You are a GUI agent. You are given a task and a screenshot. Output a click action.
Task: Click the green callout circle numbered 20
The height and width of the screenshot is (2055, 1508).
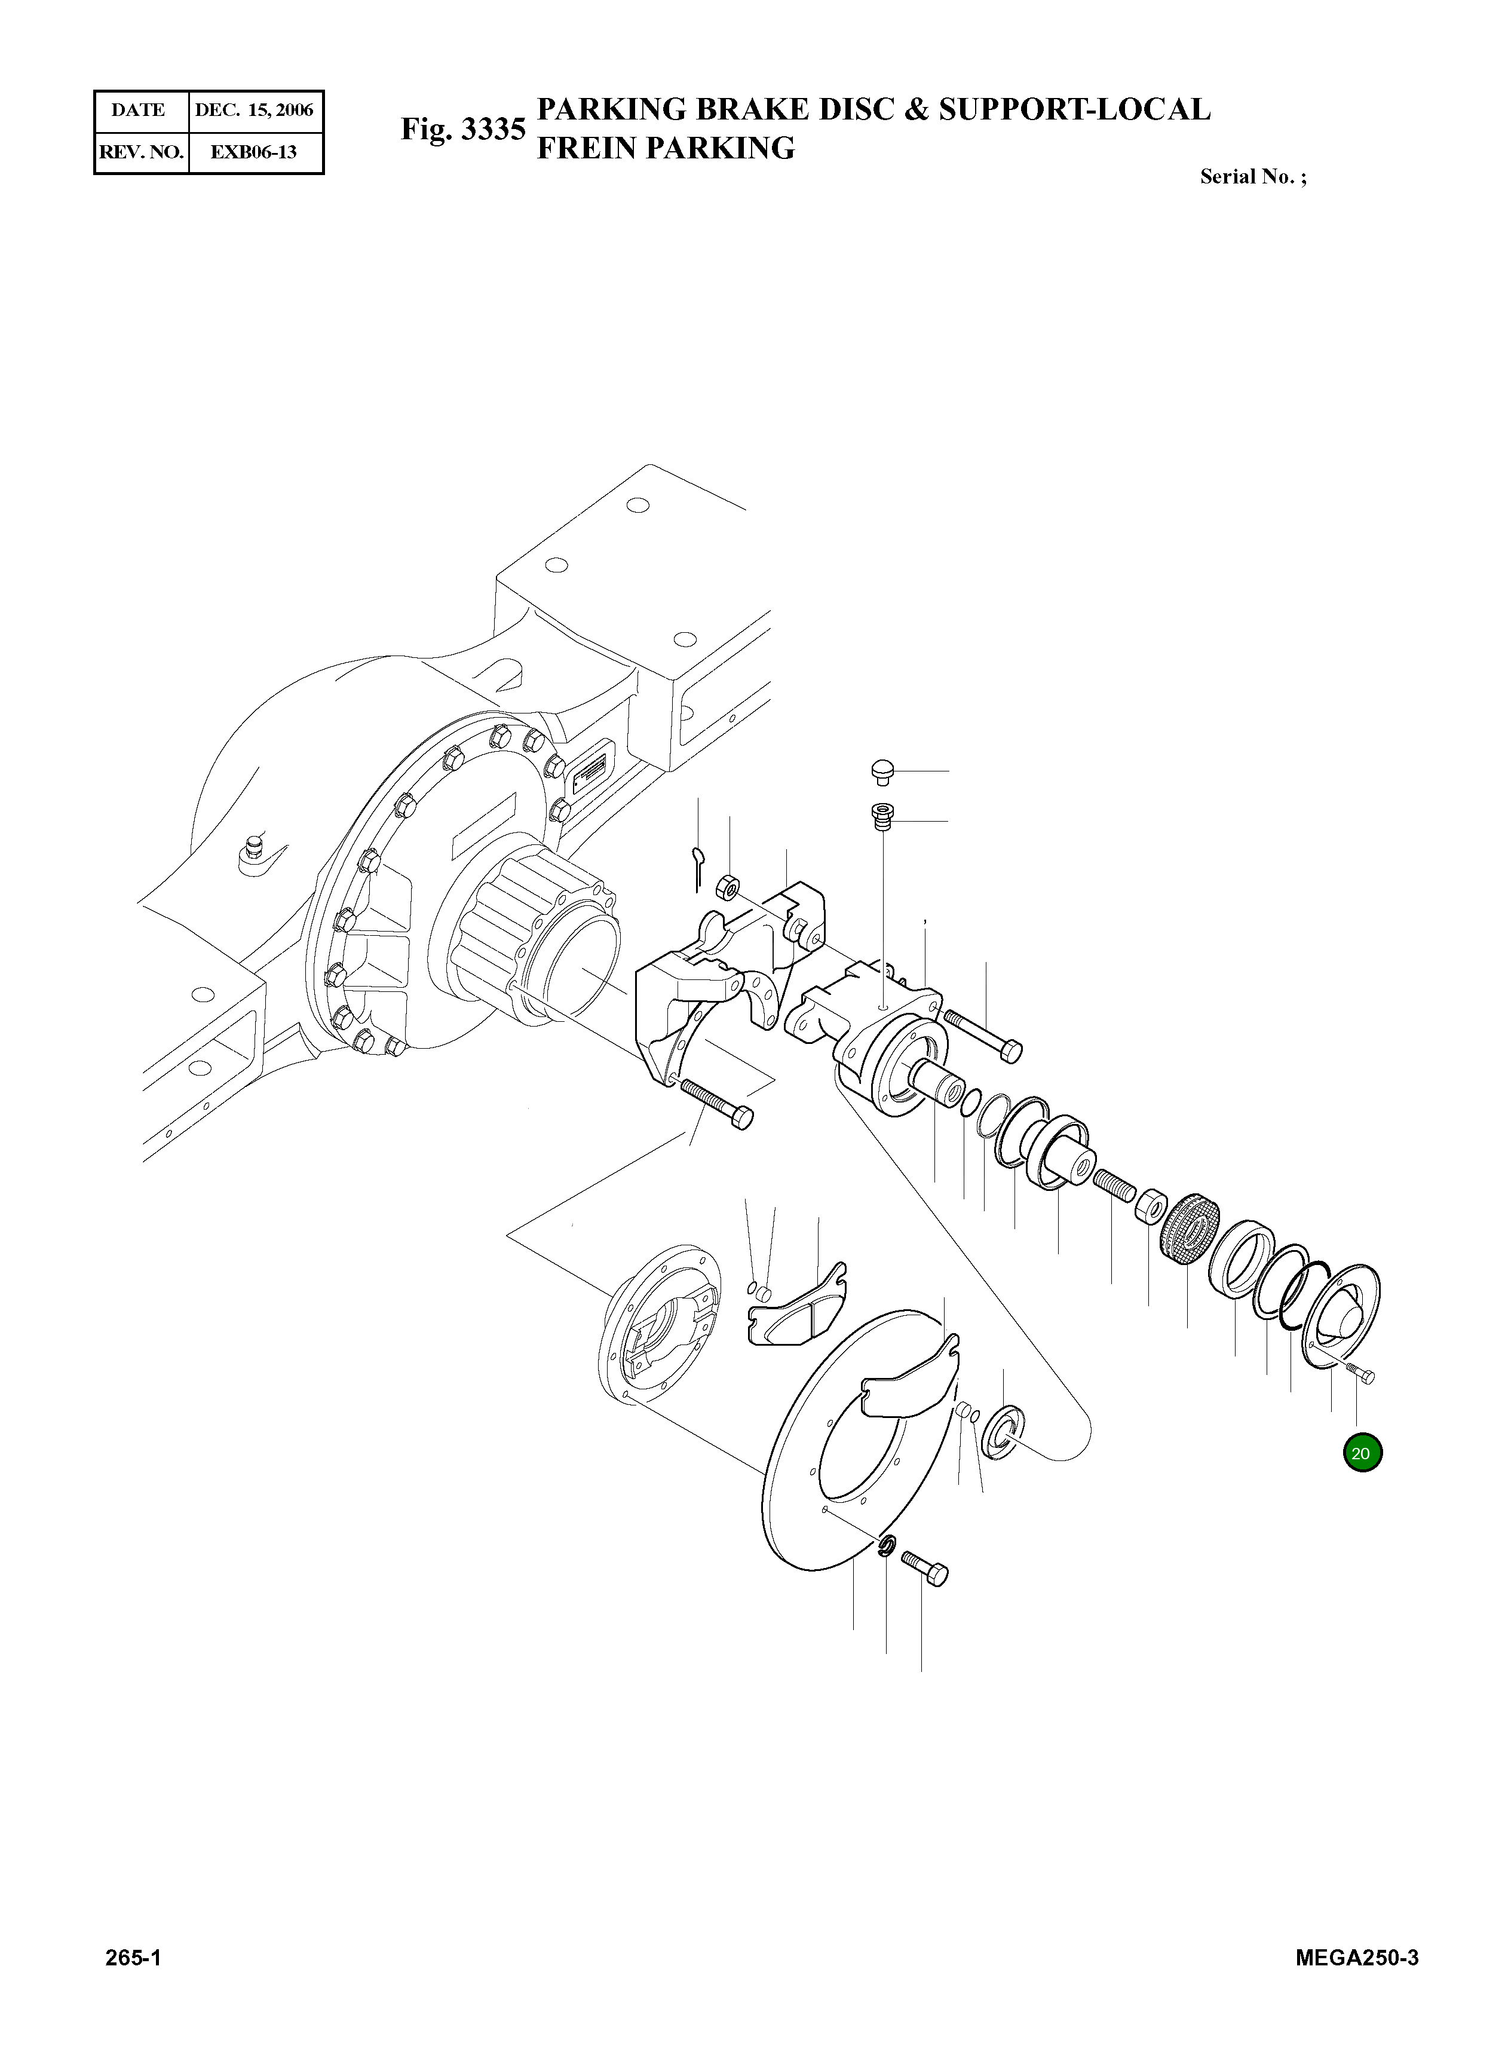[x=1362, y=1453]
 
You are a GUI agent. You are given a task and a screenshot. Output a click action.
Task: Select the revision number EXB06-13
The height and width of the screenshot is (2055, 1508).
[x=254, y=152]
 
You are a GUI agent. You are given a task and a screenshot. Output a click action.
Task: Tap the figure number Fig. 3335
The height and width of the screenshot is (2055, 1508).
[x=463, y=130]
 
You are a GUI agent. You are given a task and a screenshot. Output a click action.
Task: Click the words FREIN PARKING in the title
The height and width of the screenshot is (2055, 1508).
[x=666, y=148]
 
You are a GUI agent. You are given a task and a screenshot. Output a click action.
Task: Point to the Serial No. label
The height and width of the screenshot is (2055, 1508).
[x=1252, y=177]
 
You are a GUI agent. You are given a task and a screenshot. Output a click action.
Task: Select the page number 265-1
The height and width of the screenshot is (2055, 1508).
[x=133, y=1983]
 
